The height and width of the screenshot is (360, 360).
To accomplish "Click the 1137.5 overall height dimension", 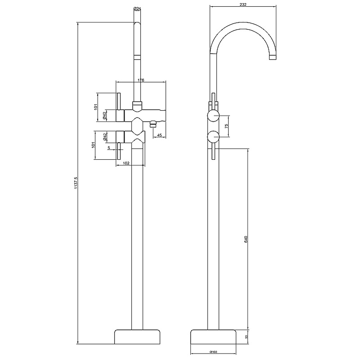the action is click(76, 183).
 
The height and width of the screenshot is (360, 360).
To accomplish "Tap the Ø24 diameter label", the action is click(137, 9).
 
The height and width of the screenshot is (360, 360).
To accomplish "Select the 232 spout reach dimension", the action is click(243, 4).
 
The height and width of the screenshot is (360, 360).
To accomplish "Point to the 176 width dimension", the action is click(141, 80).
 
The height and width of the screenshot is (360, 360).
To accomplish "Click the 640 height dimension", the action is click(246, 239).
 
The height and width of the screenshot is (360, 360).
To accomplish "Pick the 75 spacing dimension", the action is click(226, 126).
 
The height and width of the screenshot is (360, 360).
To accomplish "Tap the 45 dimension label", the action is click(159, 135).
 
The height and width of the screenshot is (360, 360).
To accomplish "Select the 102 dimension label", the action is click(126, 163).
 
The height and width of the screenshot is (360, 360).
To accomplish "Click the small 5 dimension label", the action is click(109, 148).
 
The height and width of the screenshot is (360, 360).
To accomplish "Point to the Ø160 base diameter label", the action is click(213, 352).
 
